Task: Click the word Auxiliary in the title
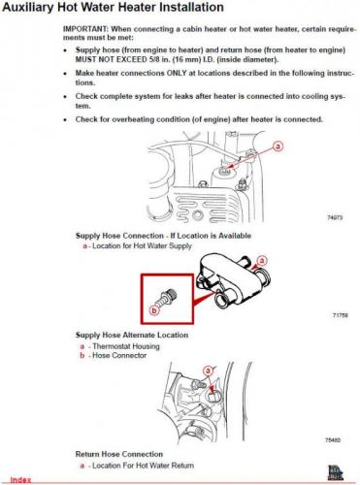point(28,8)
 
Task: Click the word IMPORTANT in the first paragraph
point(84,29)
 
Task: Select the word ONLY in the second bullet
point(177,73)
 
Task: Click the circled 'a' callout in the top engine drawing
point(278,146)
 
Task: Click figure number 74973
point(335,218)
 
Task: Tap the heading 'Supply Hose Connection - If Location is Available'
point(163,236)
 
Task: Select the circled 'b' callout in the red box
point(154,310)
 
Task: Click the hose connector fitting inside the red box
point(168,297)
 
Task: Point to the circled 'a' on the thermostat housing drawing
point(262,260)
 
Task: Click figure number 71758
point(341,315)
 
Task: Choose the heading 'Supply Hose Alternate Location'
point(132,335)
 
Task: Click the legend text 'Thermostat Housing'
point(126,346)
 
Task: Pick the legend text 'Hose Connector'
point(119,355)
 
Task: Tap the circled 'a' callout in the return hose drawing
point(208,371)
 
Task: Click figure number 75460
point(333,440)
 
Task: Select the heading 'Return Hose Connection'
point(119,454)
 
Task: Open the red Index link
point(20,480)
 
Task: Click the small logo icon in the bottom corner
point(335,472)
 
